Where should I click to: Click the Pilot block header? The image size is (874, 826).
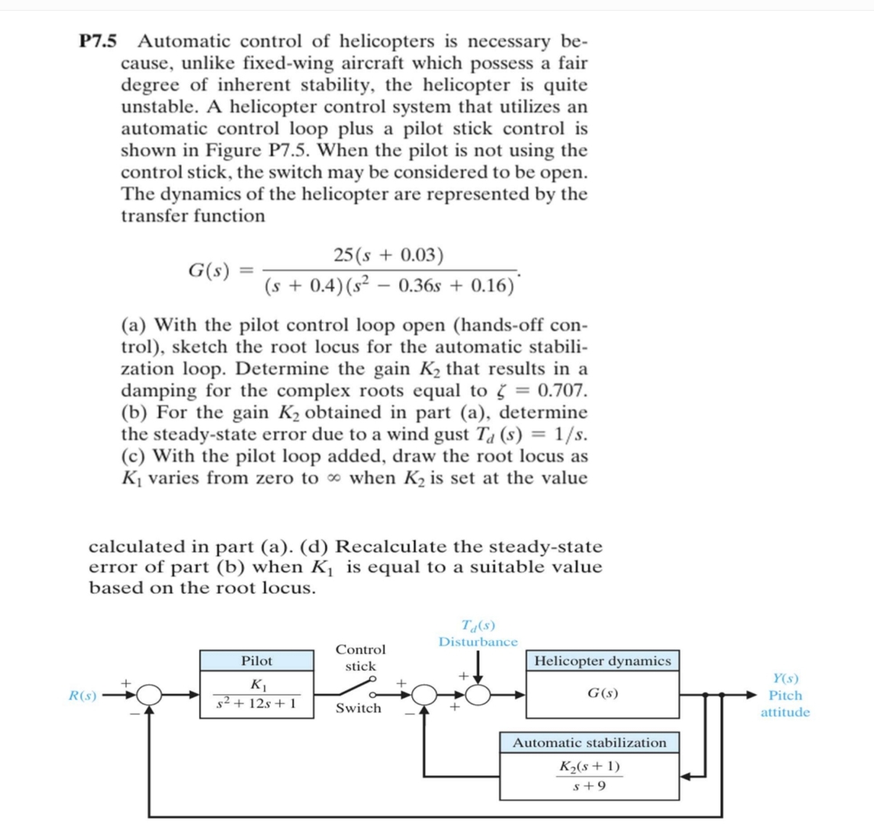coord(256,661)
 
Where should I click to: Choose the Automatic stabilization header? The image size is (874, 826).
coord(589,743)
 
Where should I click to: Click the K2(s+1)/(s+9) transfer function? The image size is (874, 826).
coord(589,776)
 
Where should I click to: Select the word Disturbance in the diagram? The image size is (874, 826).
coord(478,642)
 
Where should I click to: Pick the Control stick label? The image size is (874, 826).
coord(361,658)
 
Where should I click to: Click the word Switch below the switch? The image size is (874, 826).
coord(359,708)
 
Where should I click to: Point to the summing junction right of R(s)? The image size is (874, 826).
coord(151,695)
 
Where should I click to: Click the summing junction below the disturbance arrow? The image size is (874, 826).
coord(479,695)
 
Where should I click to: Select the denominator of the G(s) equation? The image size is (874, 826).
coord(389,286)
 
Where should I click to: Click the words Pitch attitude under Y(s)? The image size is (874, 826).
coord(785,704)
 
